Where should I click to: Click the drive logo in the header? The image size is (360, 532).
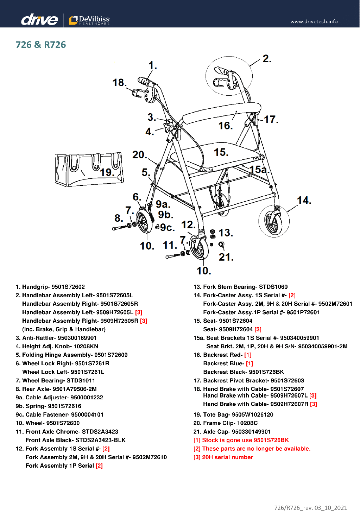39,19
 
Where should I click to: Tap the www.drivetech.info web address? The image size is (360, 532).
314,21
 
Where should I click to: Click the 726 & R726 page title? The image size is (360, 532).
41,45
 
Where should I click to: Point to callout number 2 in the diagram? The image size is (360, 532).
267,58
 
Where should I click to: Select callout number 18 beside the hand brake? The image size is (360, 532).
119,83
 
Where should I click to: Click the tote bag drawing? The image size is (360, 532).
89,169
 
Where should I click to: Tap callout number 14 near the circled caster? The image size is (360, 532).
304,201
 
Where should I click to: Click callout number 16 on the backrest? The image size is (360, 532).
225,126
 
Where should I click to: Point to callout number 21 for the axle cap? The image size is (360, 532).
226,257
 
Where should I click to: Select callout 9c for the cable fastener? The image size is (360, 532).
167,227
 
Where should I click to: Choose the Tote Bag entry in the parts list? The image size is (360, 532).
233,414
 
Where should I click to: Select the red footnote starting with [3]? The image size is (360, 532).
223,457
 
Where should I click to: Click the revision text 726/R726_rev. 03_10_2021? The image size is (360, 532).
310,508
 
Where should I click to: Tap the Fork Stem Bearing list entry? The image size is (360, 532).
240,287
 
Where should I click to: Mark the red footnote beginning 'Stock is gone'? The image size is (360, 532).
241,440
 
